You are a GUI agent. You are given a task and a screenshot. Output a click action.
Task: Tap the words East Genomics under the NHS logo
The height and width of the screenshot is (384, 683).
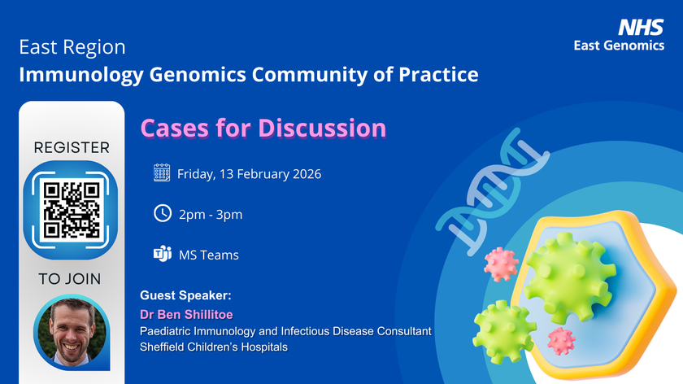point(619,46)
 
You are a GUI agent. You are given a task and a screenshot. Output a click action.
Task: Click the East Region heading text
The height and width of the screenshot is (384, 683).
point(72,48)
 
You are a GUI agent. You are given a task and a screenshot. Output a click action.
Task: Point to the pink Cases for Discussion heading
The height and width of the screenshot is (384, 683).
point(263,128)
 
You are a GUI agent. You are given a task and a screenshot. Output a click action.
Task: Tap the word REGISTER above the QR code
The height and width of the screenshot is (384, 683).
point(72,148)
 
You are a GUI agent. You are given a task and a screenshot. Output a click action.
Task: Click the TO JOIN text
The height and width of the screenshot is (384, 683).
point(70,279)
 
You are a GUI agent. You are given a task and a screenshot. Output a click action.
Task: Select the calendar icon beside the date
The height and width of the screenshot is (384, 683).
point(162,172)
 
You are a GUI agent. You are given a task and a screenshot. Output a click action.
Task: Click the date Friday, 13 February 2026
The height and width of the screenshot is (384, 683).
point(249,173)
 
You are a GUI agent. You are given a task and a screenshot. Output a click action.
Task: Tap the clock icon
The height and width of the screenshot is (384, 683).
point(162,213)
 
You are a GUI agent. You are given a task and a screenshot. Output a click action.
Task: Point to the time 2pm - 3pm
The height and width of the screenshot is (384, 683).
point(211,214)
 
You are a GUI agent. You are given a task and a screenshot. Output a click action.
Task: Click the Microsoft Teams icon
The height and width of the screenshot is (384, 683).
point(162,254)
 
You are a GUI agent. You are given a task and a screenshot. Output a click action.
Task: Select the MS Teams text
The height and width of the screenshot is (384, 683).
point(209,255)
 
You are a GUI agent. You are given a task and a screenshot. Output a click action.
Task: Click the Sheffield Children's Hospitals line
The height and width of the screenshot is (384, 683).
point(213,347)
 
